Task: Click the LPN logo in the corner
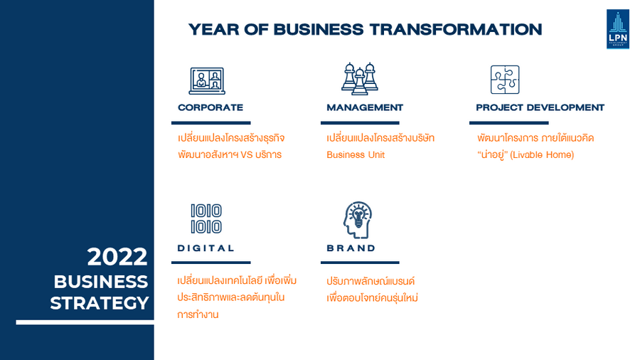(x=618, y=29)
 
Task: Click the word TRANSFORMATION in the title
(x=456, y=29)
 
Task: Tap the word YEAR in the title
(x=213, y=29)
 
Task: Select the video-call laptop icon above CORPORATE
(x=207, y=81)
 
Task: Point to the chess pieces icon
(x=360, y=79)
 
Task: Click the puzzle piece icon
(x=505, y=80)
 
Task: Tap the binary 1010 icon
(x=206, y=219)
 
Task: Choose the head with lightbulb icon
(x=358, y=220)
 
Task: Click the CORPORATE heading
(x=210, y=107)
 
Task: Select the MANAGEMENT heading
(x=365, y=107)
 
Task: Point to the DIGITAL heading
(x=206, y=248)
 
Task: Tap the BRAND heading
(x=351, y=248)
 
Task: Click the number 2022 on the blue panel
(x=117, y=257)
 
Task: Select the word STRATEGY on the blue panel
(x=99, y=303)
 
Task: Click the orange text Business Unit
(x=356, y=154)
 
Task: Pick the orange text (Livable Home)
(x=542, y=154)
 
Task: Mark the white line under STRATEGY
(x=85, y=322)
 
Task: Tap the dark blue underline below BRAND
(x=360, y=263)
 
